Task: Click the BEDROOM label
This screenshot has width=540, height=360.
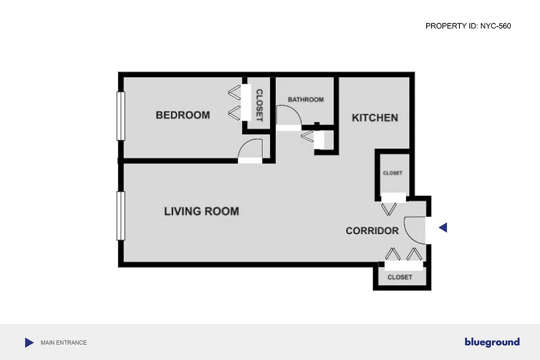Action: [183, 115]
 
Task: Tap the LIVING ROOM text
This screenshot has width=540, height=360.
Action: [201, 211]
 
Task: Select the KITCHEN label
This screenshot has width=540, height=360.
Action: [374, 118]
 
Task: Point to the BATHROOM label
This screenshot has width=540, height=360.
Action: [306, 99]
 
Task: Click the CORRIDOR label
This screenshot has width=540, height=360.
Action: [372, 231]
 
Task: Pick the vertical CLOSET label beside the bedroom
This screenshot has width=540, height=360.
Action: [259, 105]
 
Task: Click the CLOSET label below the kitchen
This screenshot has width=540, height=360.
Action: [392, 173]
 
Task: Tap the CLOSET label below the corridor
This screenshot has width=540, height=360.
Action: [400, 277]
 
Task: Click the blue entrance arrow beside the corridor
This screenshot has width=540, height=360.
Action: [443, 228]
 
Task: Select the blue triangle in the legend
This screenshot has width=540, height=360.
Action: [29, 343]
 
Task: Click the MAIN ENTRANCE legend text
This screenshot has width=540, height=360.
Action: [63, 343]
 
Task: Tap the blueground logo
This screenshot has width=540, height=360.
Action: [492, 342]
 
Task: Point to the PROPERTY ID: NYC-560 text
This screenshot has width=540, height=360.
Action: [468, 26]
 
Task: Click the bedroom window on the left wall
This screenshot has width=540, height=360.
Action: [121, 116]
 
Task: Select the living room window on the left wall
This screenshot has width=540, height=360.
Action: [121, 216]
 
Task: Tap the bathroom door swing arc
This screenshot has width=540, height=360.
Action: [288, 115]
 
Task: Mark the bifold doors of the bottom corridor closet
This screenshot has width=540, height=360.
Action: [404, 255]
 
